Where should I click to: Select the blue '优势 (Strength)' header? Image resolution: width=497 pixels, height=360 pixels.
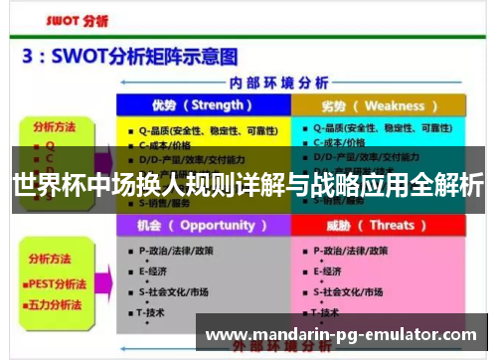203,105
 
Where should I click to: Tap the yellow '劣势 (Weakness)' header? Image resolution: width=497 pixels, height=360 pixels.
379,105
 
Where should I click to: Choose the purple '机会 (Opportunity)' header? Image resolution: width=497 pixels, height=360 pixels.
203,226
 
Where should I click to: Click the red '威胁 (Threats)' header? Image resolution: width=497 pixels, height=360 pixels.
379,226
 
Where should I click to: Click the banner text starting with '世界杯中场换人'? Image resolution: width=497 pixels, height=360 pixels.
248,185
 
